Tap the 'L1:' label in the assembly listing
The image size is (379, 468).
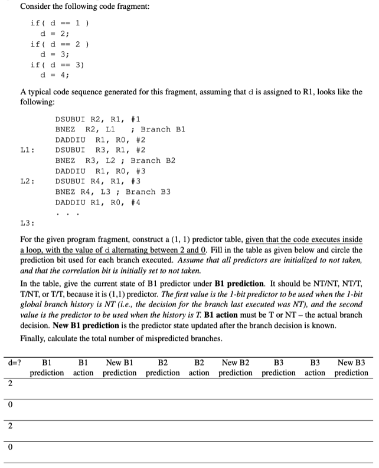point(28,150)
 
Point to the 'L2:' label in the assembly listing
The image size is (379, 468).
point(28,181)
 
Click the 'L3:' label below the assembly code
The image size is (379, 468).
point(28,223)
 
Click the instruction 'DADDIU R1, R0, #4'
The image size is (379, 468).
point(97,202)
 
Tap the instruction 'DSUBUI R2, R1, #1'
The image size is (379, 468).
point(97,118)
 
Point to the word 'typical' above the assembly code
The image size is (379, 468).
point(41,93)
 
